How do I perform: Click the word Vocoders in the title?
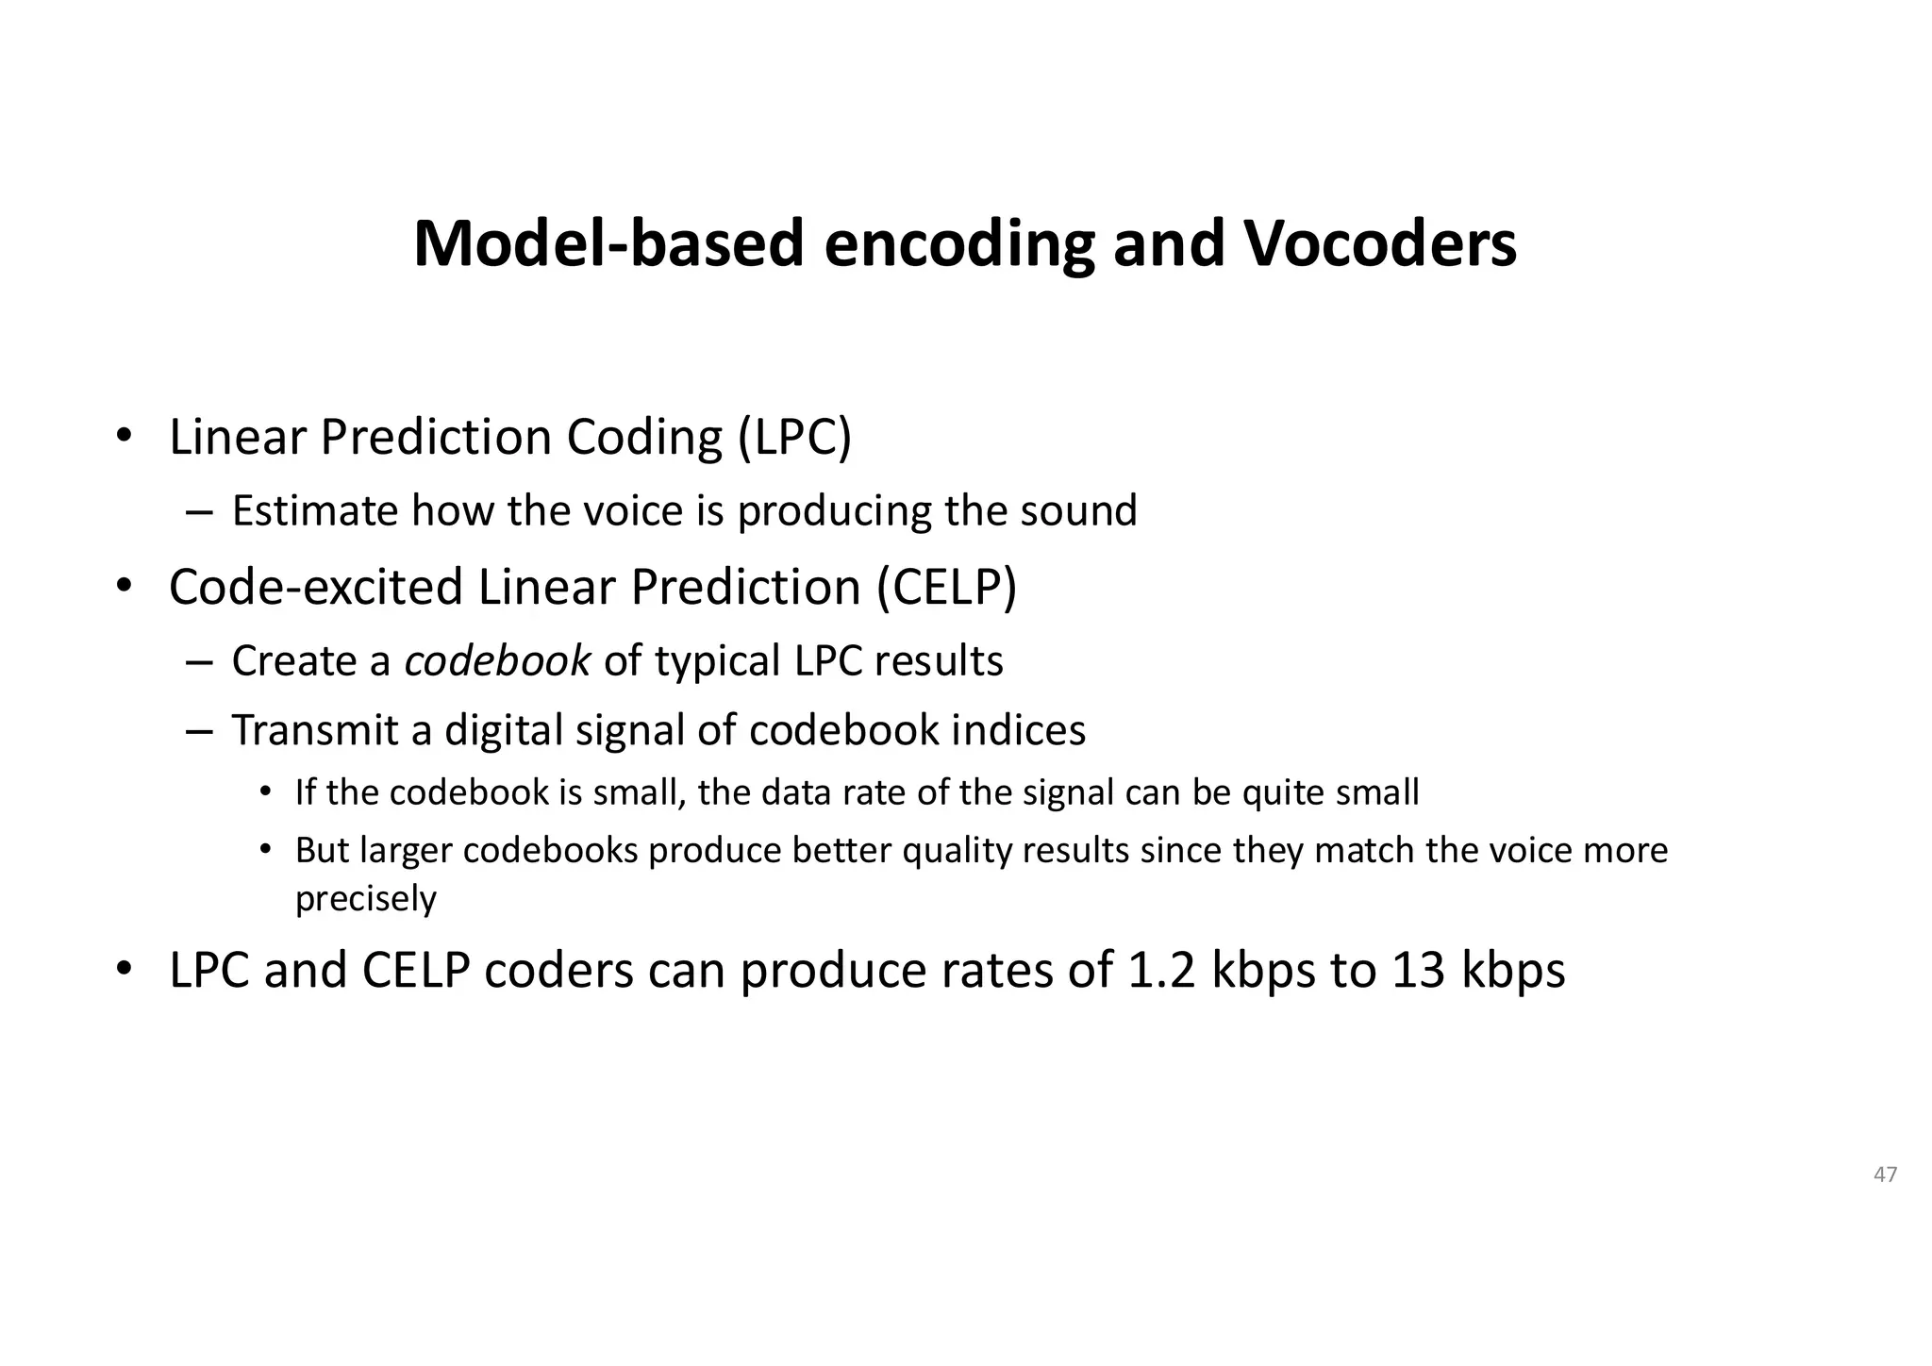tap(1380, 243)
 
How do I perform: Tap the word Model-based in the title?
tap(608, 243)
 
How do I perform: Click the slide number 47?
tap(1885, 1174)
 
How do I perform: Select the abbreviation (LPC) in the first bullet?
tap(794, 438)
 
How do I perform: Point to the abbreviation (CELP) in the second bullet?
tap(946, 588)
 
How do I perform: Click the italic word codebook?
tap(497, 660)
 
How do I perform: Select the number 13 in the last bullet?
tap(1418, 970)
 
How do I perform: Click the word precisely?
tap(366, 899)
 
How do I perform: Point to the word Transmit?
tap(315, 730)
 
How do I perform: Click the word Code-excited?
tap(316, 588)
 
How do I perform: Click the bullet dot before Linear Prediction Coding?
tap(124, 438)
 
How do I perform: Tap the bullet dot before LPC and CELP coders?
tap(124, 970)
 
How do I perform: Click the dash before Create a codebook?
tap(199, 661)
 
